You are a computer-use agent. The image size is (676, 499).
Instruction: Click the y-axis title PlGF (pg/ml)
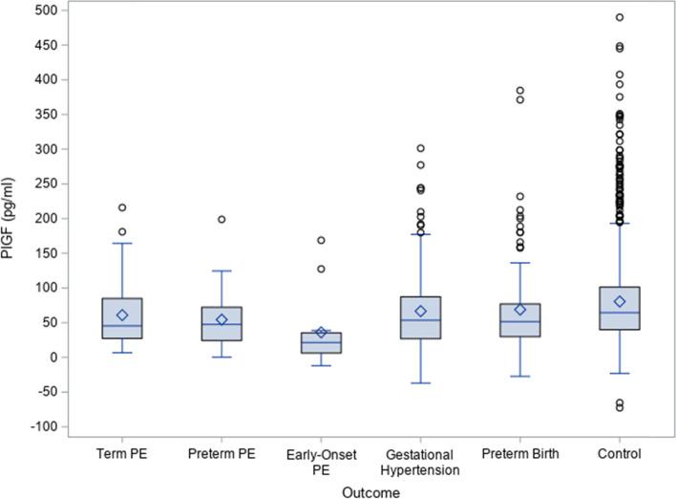click(11, 219)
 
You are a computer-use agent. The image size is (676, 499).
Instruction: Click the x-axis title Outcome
click(371, 490)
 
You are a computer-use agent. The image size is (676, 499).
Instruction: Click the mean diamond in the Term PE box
click(122, 315)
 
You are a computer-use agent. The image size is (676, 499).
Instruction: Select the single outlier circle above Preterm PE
click(222, 219)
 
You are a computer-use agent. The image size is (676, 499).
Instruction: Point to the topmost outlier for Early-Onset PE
click(321, 240)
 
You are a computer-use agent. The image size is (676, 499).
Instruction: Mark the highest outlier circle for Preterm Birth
click(519, 91)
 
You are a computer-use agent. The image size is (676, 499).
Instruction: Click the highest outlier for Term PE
click(122, 207)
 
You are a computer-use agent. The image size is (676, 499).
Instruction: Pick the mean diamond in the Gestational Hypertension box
click(420, 312)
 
